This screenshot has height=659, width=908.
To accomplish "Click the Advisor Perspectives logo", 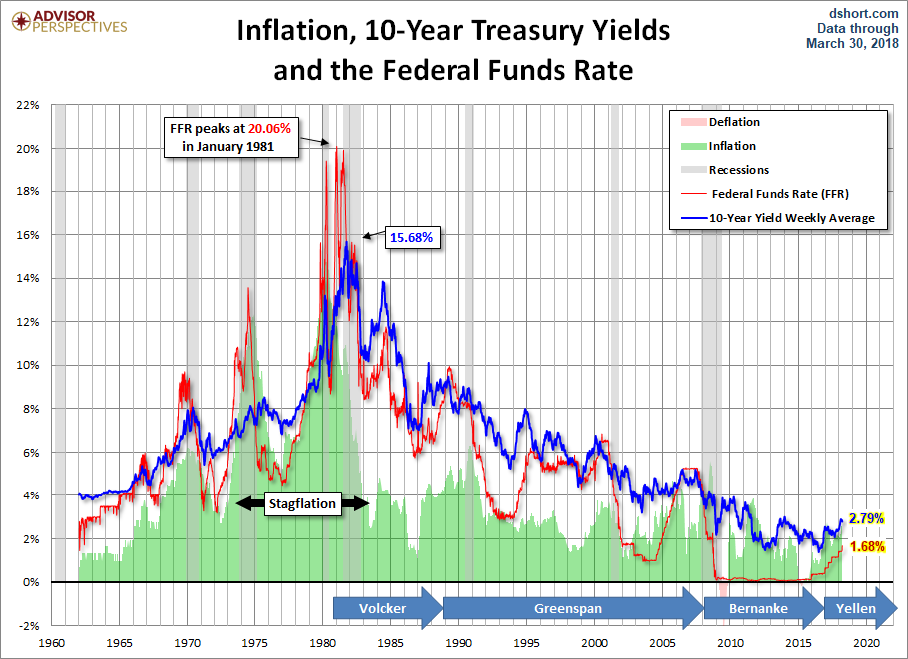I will point(66,21).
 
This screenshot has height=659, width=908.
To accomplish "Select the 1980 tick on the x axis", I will point(322,643).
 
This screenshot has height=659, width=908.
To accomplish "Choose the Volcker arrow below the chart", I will point(384,608).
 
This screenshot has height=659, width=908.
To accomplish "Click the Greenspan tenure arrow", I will point(570,608).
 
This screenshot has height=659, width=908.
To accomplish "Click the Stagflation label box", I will point(303,504).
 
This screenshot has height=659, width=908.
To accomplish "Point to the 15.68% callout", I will point(411,237).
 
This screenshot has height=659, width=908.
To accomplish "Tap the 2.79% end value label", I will point(865,518).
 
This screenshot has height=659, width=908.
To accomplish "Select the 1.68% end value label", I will point(865,545).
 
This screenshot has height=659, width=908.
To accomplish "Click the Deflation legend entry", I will point(734,122).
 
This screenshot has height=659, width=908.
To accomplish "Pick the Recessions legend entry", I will point(738,170).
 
